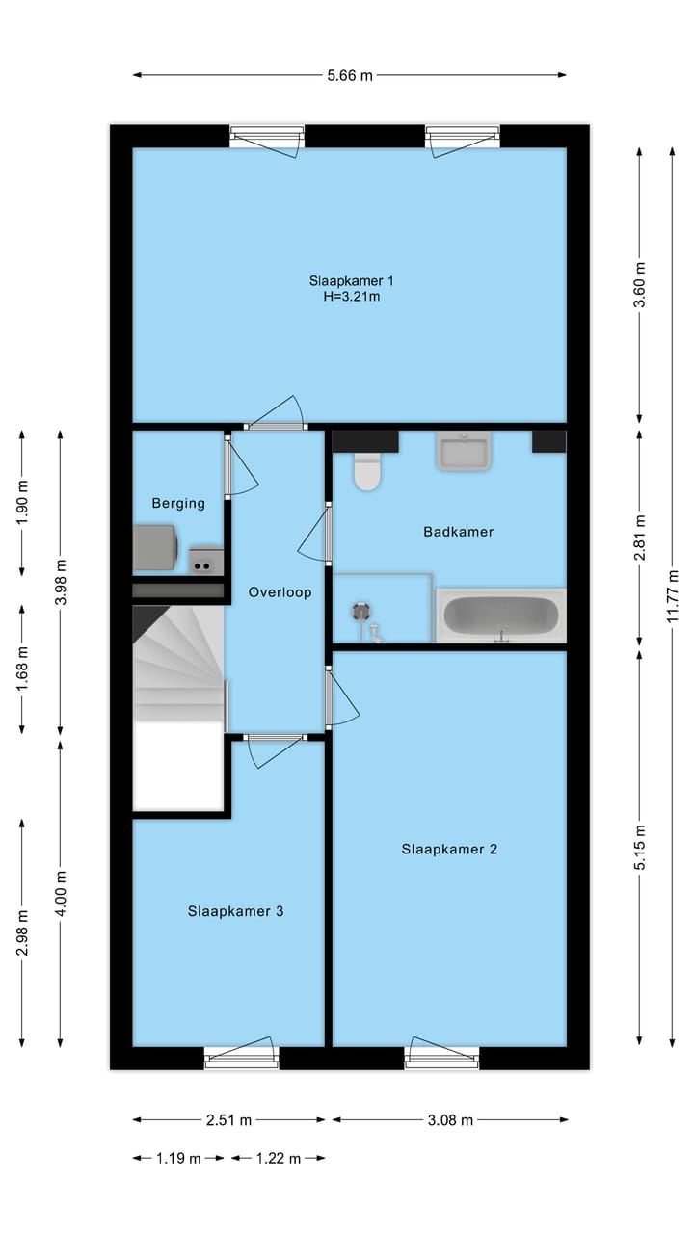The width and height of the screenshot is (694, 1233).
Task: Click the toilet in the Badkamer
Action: [x=367, y=471]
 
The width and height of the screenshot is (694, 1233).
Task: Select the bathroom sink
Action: [x=464, y=451]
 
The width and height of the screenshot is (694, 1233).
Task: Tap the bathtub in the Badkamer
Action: [x=501, y=616]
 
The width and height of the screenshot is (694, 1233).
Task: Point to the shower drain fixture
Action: [x=360, y=612]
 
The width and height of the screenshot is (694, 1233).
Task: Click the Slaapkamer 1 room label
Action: [x=352, y=280]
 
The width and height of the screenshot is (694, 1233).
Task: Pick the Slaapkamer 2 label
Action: [x=449, y=849]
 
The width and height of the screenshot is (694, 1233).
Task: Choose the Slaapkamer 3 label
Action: [x=236, y=911]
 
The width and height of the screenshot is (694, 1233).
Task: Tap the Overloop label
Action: [x=280, y=592]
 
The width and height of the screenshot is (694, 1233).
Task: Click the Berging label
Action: [x=178, y=503]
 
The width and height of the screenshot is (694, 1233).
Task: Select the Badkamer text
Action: [x=458, y=532]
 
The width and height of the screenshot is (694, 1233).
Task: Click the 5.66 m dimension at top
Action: [x=350, y=75]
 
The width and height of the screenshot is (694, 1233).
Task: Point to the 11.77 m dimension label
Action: [x=673, y=596]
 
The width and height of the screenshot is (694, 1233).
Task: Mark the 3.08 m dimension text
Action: [x=450, y=1119]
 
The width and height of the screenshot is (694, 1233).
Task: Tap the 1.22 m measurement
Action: [x=279, y=1158]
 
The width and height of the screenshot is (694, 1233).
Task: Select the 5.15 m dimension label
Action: [x=640, y=848]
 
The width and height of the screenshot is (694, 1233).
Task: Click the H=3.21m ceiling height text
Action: [x=352, y=297]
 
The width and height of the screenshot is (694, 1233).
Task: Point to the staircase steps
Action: [x=178, y=664]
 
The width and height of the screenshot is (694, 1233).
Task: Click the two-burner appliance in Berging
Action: [x=205, y=561]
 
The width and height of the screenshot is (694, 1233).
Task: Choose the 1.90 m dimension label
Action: [x=22, y=503]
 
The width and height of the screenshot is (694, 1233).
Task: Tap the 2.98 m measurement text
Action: [x=22, y=933]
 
